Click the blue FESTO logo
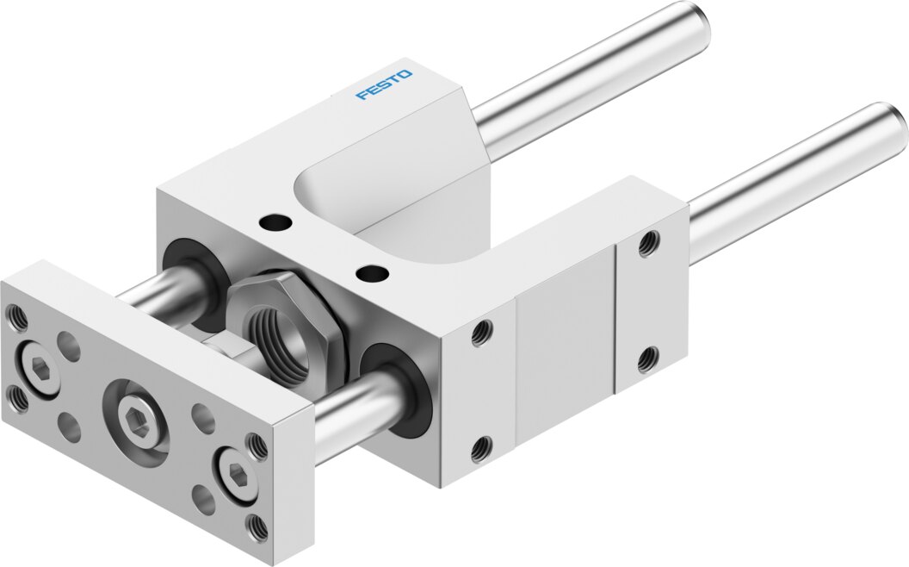tap(383, 84)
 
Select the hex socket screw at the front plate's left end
tap(38, 367)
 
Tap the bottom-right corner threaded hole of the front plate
tap(257, 527)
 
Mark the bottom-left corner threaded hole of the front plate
tap(18, 399)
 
